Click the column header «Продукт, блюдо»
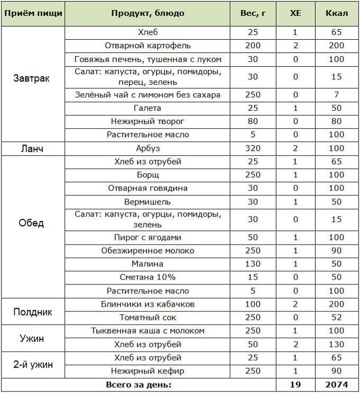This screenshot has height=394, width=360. pyautogui.click(x=148, y=13)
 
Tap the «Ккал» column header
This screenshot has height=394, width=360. pyautogui.click(x=336, y=13)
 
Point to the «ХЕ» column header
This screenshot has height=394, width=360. pyautogui.click(x=296, y=13)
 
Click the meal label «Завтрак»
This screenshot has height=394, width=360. pyautogui.click(x=32, y=78)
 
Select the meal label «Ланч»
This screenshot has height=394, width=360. pyautogui.click(x=32, y=148)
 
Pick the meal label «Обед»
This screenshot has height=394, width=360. pyautogui.click(x=32, y=223)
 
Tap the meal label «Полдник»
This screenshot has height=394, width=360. pyautogui.click(x=32, y=311)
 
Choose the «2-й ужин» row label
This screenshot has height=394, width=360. pyautogui.click(x=32, y=364)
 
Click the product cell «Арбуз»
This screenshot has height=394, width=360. pyautogui.click(x=148, y=148)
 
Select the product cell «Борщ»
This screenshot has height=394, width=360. pyautogui.click(x=148, y=175)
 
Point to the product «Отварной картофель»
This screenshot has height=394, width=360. pyautogui.click(x=148, y=46)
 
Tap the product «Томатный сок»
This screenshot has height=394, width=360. pyautogui.click(x=148, y=318)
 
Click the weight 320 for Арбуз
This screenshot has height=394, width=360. pyautogui.click(x=253, y=148)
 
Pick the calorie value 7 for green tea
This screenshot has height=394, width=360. pyautogui.click(x=336, y=95)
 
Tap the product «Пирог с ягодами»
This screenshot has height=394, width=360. pyautogui.click(x=148, y=238)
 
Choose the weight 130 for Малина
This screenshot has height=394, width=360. pyautogui.click(x=253, y=264)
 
